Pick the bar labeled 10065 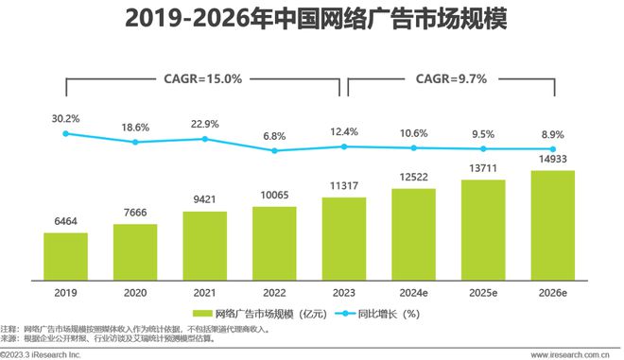pyautogui.click(x=274, y=242)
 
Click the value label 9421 pyautogui.click(x=204, y=199)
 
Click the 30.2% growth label pyautogui.click(x=65, y=118)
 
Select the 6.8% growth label pyautogui.click(x=274, y=135)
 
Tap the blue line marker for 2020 pyautogui.click(x=135, y=142)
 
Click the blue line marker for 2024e pyautogui.click(x=414, y=147)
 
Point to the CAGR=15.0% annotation pyautogui.click(x=203, y=79)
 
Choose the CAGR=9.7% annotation pyautogui.click(x=451, y=79)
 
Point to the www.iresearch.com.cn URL pyautogui.click(x=569, y=354)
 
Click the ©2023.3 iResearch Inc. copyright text pyautogui.click(x=40, y=354)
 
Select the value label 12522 pyautogui.click(x=414, y=177)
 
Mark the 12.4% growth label pyautogui.click(x=344, y=130)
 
